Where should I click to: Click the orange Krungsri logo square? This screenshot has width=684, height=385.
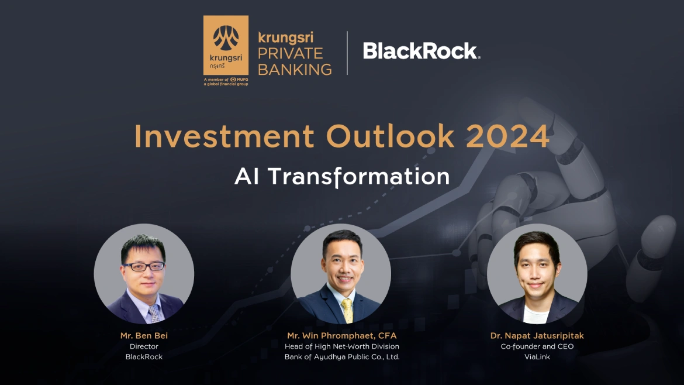tap(226, 46)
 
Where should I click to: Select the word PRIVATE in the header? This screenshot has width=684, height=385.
tap(290, 53)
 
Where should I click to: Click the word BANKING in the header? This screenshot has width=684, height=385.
tap(295, 69)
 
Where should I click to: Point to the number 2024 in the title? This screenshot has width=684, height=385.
tap(507, 136)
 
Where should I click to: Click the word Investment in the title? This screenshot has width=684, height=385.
tap(224, 136)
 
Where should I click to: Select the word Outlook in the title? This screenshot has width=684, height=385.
tap(391, 136)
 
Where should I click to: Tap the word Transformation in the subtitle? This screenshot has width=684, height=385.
tap(358, 176)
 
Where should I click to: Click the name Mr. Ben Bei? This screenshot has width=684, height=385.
tap(144, 336)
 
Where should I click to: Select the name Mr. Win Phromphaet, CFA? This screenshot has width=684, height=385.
tap(342, 336)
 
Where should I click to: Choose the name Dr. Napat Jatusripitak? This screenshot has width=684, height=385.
tap(537, 336)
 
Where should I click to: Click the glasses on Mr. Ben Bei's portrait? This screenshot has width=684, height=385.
tap(144, 266)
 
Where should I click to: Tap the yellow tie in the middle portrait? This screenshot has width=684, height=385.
tap(347, 310)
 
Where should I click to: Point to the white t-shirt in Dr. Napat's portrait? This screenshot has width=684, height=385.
tap(536, 315)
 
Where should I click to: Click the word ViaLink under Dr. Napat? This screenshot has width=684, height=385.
tap(537, 357)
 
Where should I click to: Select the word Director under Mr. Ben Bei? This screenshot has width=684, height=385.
tap(144, 346)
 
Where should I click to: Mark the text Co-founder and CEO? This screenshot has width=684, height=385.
tap(537, 346)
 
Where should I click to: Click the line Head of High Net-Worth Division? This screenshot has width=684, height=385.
tap(342, 346)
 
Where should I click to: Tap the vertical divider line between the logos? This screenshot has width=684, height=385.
tap(347, 53)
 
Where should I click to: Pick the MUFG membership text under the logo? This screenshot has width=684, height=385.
tap(226, 82)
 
